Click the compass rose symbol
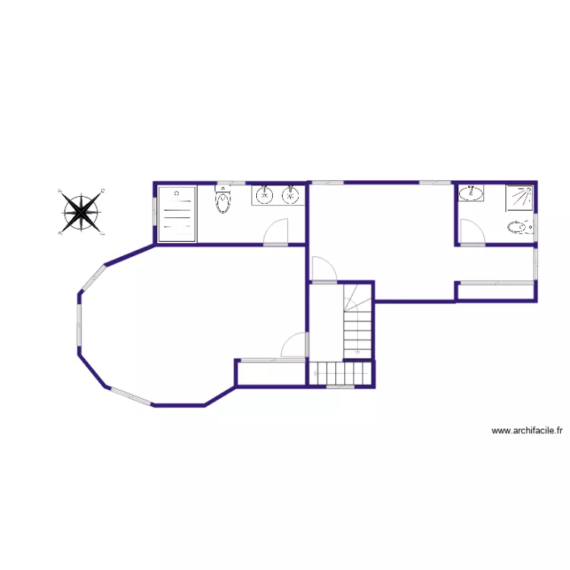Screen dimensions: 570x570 81,211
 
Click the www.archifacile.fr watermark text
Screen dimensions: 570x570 527,430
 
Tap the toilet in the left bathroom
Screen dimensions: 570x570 223,201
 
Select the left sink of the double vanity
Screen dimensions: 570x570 264,195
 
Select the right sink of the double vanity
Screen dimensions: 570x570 290,195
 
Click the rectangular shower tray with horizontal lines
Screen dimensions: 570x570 177,214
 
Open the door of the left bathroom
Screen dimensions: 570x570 277,233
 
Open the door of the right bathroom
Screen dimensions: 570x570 470,232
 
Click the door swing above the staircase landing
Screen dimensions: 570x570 325,269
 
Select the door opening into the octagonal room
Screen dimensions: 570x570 294,346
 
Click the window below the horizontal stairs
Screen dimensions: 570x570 340,387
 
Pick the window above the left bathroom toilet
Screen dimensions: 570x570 223,183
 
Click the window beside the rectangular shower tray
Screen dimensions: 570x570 155,212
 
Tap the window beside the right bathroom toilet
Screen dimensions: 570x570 535,226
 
